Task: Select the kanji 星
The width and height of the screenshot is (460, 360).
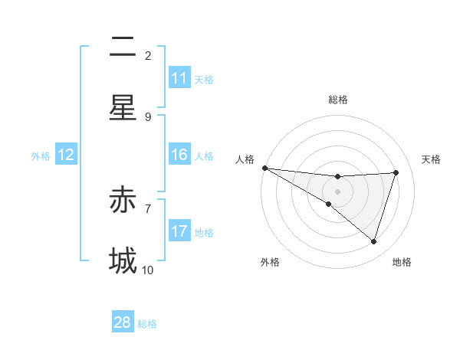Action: coord(123,108)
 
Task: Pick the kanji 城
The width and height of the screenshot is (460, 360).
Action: coord(123,260)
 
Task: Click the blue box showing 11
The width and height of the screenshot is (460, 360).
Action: coord(179,78)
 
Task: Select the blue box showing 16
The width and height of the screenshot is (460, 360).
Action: coord(179,155)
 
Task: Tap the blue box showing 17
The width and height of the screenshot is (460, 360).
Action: coord(179,231)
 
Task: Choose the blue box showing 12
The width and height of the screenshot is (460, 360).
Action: coord(66,155)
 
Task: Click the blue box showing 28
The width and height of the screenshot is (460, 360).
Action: coord(123,322)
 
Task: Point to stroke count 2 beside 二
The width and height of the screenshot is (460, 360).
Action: coord(148,55)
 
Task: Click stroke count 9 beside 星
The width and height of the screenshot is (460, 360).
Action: coord(148,116)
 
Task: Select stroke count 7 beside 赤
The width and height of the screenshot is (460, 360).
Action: coord(148,208)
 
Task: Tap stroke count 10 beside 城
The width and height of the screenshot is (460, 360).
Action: coord(148,270)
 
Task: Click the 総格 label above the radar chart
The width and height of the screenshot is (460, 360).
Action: coord(338,100)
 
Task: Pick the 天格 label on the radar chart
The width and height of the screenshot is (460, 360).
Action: coord(432,159)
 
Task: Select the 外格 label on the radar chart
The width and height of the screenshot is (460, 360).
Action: coord(270,262)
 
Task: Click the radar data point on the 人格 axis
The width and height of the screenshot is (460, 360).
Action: coord(264,167)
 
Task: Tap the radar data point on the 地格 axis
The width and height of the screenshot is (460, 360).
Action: coord(374,241)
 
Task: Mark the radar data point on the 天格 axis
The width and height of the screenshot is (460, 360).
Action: coord(396,172)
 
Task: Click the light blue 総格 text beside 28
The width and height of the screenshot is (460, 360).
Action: coord(147,324)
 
